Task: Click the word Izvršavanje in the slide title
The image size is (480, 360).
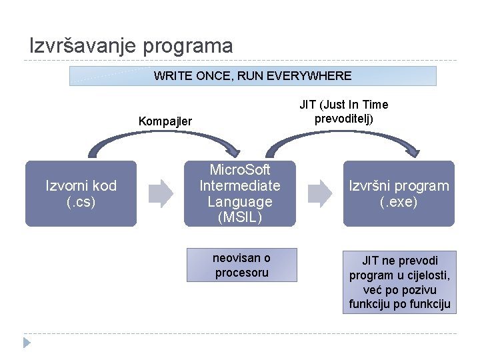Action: coord(83,45)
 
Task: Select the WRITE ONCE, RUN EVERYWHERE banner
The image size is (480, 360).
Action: coord(253,76)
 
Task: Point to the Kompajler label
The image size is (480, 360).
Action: coord(165,121)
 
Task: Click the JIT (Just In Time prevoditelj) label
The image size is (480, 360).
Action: coord(343,111)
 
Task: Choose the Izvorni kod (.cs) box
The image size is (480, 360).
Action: coord(81,193)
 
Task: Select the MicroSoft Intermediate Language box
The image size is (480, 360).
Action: coord(240,193)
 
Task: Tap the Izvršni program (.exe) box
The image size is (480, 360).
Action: coord(399,193)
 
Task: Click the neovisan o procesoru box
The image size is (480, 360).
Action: coord(241,265)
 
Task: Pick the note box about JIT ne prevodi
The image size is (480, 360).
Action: coord(399,282)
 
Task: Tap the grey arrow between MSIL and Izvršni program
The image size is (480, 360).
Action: coord(319,193)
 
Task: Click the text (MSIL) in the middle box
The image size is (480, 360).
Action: coord(240,217)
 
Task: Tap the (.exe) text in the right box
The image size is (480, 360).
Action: coord(399,202)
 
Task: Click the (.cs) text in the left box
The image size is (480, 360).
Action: coord(81,202)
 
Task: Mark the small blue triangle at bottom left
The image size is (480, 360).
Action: coord(27,343)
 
